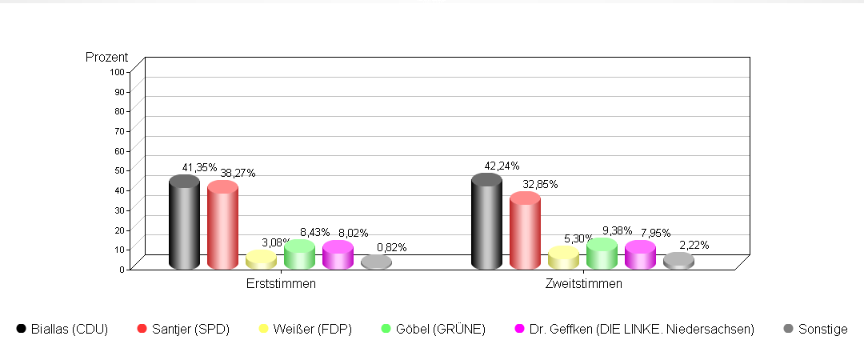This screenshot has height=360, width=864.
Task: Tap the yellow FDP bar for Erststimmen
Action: (x=261, y=260)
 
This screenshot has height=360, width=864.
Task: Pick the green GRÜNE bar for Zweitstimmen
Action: (x=602, y=254)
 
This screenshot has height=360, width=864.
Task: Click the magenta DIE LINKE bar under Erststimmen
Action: (x=338, y=255)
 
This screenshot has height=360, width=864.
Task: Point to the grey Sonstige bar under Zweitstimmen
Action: (x=678, y=262)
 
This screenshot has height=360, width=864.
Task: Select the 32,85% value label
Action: (x=540, y=184)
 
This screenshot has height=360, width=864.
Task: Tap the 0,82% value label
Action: (x=391, y=247)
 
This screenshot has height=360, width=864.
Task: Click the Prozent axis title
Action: (x=106, y=57)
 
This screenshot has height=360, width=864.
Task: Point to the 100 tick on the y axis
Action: (x=117, y=71)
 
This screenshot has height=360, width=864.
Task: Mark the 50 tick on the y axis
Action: (x=119, y=170)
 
